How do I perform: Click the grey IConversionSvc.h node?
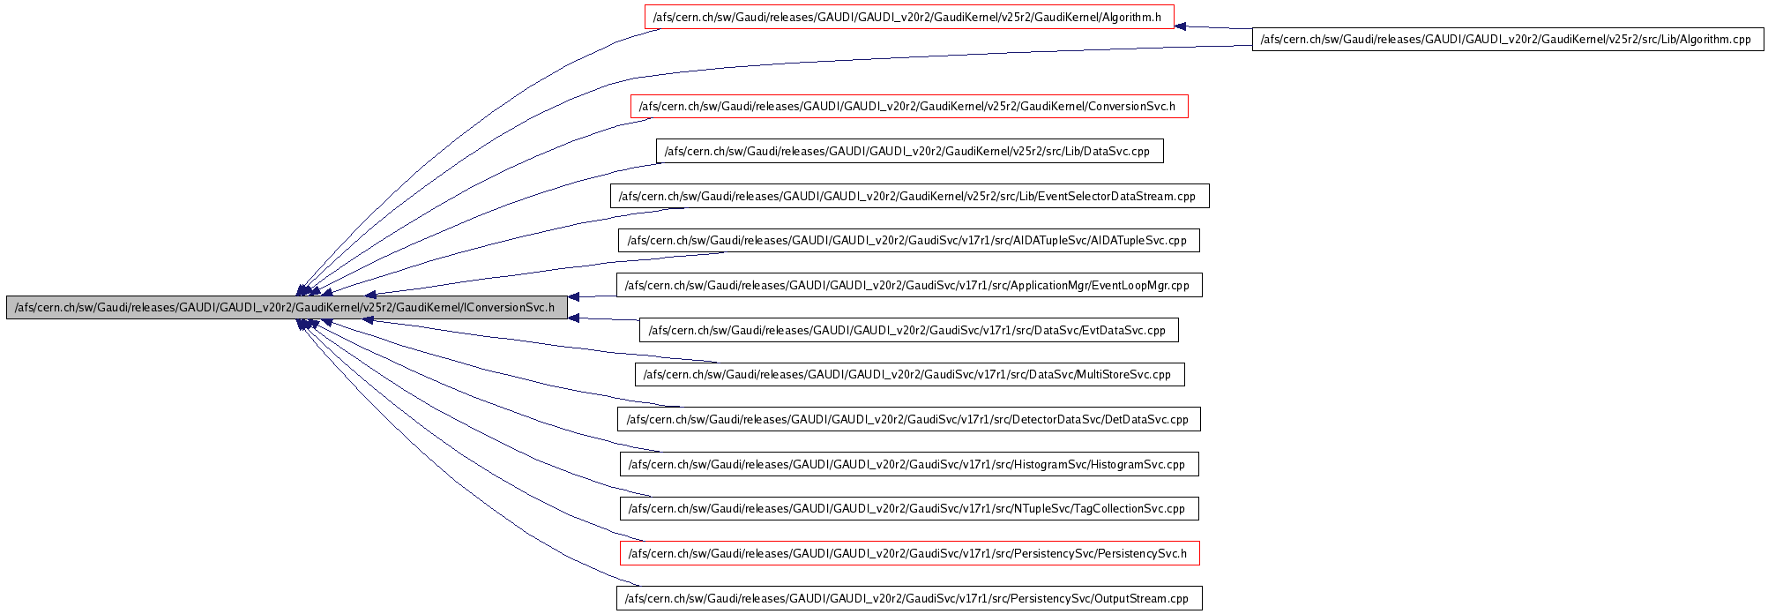coord(287,307)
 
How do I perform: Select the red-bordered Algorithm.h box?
coord(909,17)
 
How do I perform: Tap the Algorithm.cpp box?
coord(1508,39)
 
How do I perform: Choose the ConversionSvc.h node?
coord(909,106)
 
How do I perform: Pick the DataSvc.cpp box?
coord(909,151)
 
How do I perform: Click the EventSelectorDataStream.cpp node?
coord(909,196)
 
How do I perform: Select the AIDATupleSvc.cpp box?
coord(909,240)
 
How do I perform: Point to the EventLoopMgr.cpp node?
coord(909,285)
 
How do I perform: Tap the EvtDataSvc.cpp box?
coord(909,330)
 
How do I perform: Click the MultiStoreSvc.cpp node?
coord(909,374)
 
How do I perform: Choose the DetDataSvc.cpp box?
coord(909,419)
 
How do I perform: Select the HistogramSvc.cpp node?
coord(909,464)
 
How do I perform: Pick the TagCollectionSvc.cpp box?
coord(909,508)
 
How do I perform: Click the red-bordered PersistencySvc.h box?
coord(909,553)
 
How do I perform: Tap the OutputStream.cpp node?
coord(909,598)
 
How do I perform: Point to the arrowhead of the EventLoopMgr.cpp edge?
coord(573,297)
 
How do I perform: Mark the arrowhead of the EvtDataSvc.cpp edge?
coord(573,318)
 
